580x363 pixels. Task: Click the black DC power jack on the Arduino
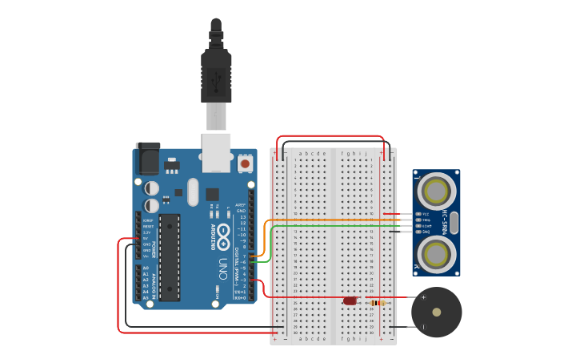[x=148, y=159]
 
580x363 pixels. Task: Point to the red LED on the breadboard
[x=350, y=301]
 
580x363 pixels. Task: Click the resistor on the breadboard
[x=377, y=302]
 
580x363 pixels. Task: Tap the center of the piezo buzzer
[x=436, y=313]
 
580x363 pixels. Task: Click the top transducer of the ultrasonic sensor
[x=436, y=191]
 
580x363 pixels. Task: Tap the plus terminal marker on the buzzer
[x=423, y=298]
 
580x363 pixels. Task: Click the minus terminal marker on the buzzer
[x=423, y=326]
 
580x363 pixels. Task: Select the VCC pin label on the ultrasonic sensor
[x=426, y=214]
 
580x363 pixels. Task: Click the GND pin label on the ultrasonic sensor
[x=426, y=231]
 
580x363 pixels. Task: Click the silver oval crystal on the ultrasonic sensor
[x=454, y=223]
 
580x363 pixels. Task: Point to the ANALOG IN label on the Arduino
[x=154, y=284]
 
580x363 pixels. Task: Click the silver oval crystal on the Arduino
[x=192, y=192]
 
